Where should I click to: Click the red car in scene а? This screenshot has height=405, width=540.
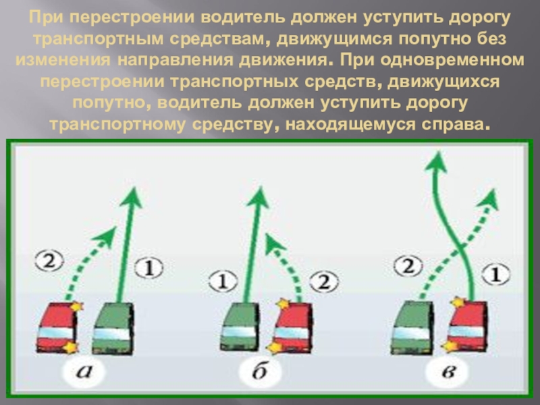[x=55, y=329]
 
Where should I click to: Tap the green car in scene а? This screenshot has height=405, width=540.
[x=113, y=329]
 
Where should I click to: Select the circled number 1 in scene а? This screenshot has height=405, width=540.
[x=149, y=268]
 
